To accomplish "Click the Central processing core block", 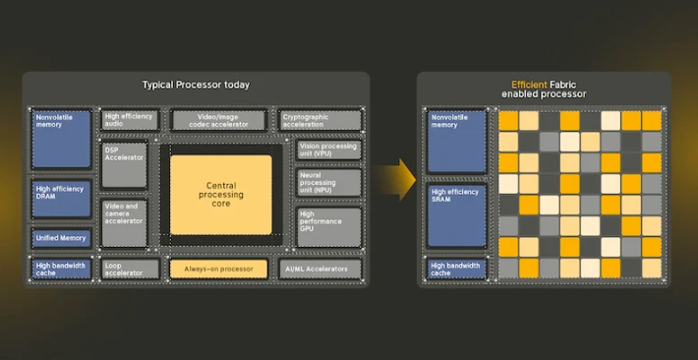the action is point(221,195).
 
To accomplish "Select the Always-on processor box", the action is point(218,270).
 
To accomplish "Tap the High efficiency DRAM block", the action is point(61,199).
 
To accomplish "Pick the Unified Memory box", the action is point(61,238).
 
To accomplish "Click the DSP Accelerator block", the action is point(124,165).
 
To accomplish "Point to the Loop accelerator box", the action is point(130,270).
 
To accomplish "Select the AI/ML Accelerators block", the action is point(320,270).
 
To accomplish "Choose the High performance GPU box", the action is point(329,227).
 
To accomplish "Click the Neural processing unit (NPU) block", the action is point(329,182).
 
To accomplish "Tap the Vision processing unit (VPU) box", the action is point(329,150).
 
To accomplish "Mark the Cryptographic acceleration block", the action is point(320,120).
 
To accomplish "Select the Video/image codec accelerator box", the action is point(218,120).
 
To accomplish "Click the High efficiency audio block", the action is point(130,120).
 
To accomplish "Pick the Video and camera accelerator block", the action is point(124,223).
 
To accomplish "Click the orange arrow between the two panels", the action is point(395,180).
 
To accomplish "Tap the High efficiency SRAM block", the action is point(457,215).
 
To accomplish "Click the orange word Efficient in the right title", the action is point(529,85).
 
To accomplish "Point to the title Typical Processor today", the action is point(196,85).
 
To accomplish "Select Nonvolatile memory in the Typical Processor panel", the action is point(61,139).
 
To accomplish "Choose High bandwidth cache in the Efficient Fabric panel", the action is point(457,270).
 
